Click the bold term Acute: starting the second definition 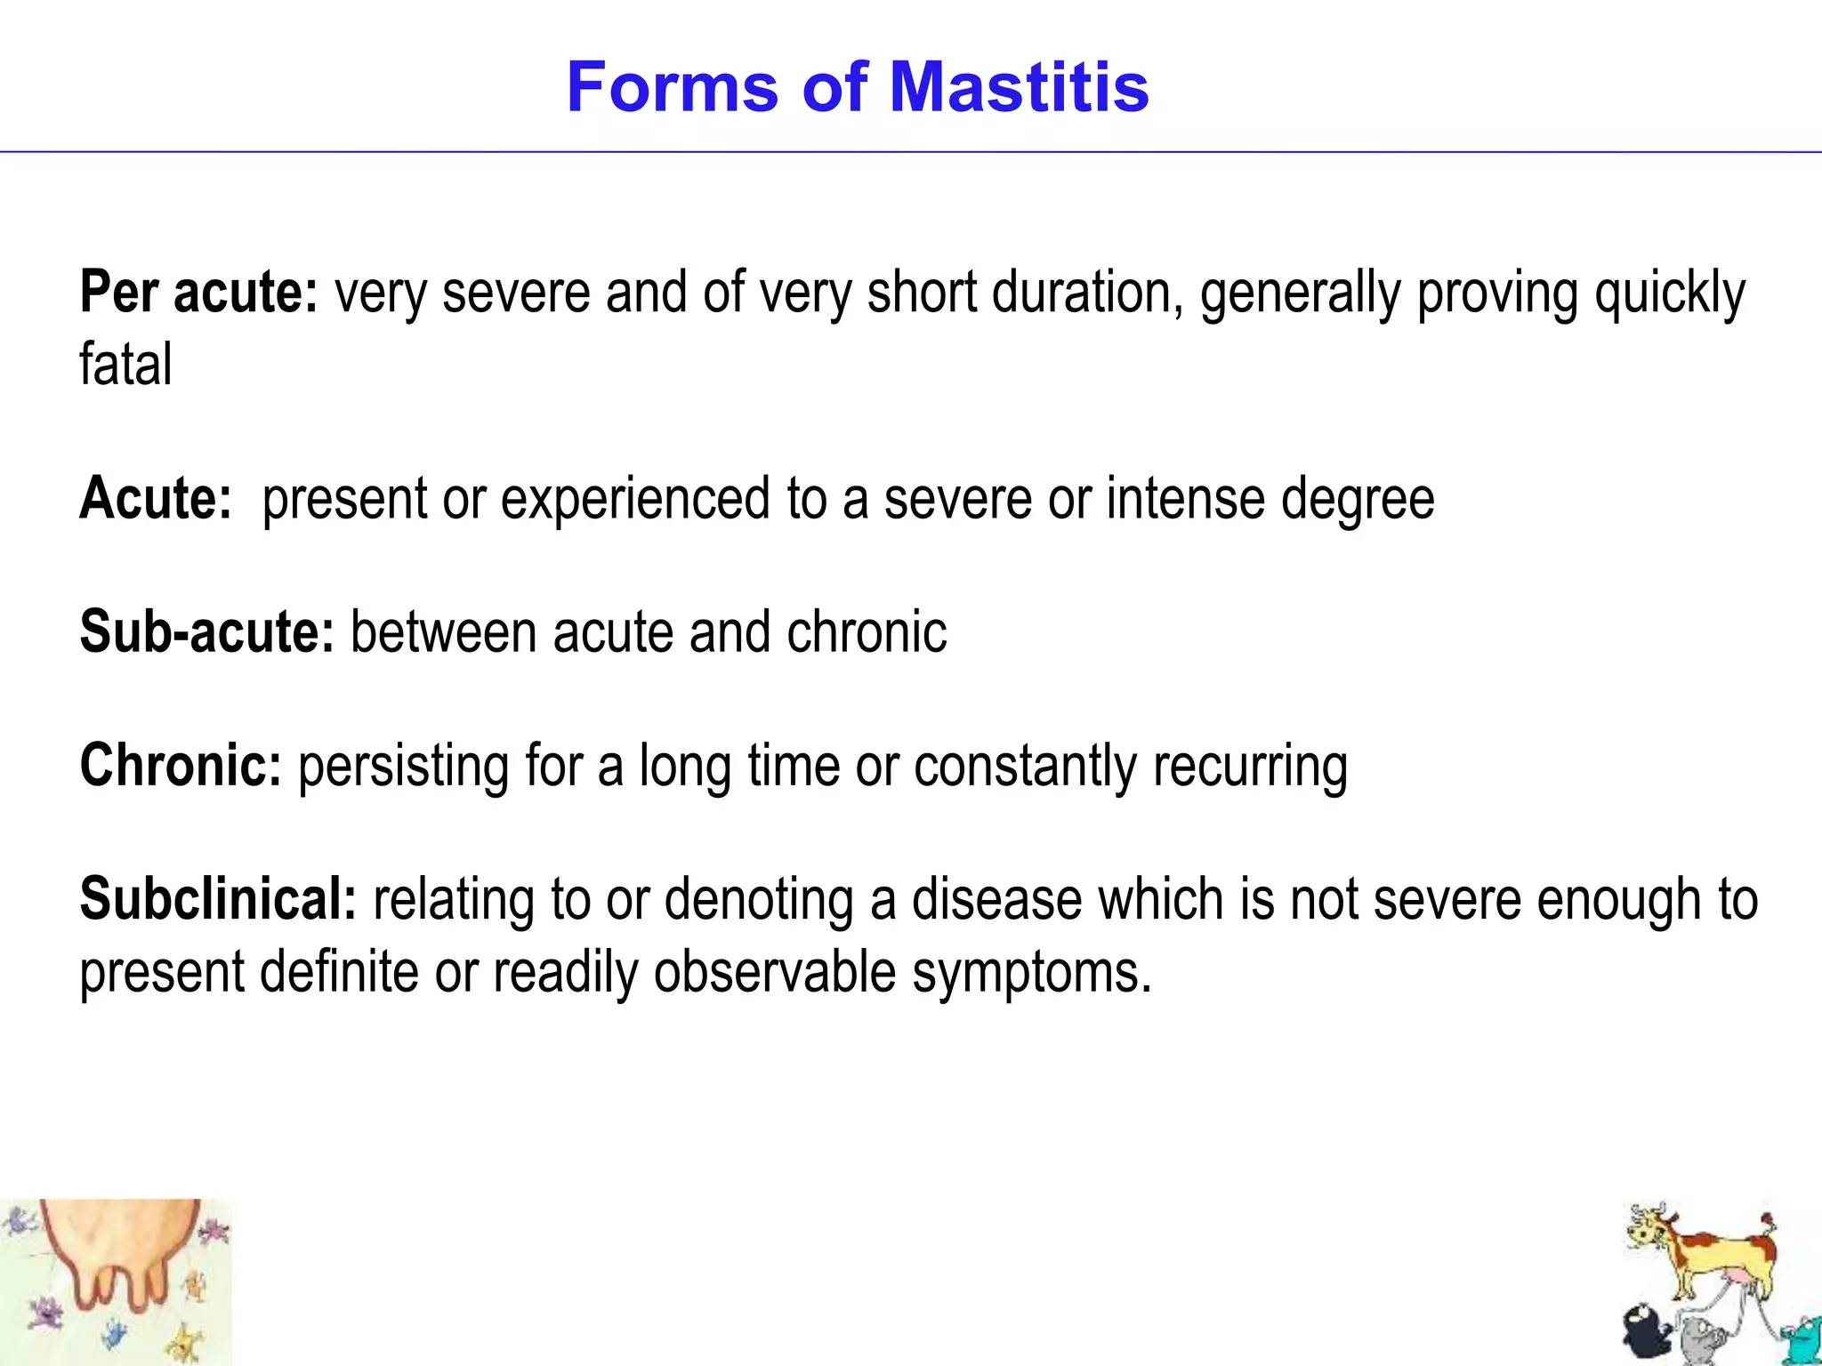click(156, 498)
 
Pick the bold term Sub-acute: click(206, 631)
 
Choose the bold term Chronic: click(181, 765)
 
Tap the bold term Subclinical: click(218, 899)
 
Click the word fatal click(125, 365)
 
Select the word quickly click(1670, 293)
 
